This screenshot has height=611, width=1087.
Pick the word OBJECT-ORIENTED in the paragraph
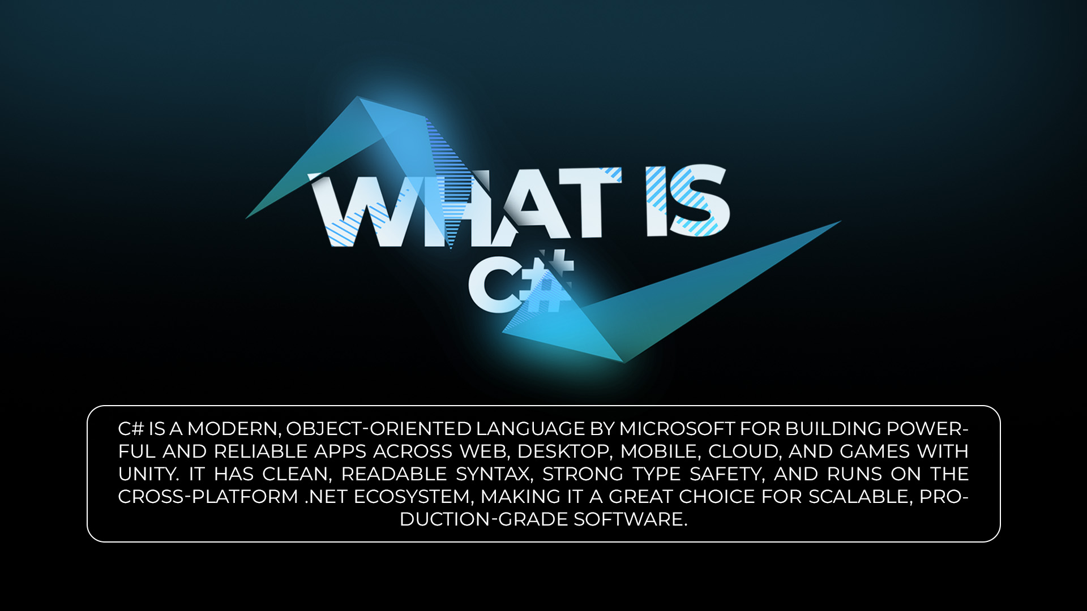click(378, 429)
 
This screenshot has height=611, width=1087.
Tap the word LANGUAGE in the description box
click(530, 429)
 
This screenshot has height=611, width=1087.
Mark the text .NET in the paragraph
click(326, 497)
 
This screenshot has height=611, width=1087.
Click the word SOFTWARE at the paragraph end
click(630, 519)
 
